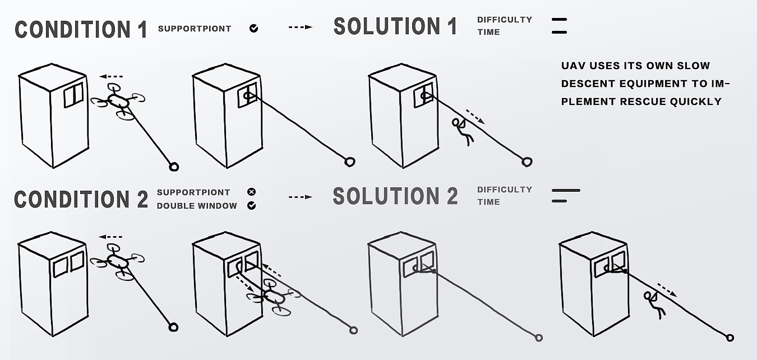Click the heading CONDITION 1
81,29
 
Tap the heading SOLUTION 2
395,196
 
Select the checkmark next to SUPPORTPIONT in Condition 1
254,29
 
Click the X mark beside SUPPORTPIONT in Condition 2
251,192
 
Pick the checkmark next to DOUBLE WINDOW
251,206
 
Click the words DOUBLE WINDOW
197,206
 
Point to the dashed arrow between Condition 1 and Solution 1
301,27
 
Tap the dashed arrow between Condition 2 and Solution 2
301,197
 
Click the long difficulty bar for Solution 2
566,190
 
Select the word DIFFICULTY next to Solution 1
505,20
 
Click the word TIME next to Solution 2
488,202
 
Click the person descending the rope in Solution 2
654,304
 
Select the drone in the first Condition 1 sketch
118,101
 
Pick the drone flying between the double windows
274,297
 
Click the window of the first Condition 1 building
73,95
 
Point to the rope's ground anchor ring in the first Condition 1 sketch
174,167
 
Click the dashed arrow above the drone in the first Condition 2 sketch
110,237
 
